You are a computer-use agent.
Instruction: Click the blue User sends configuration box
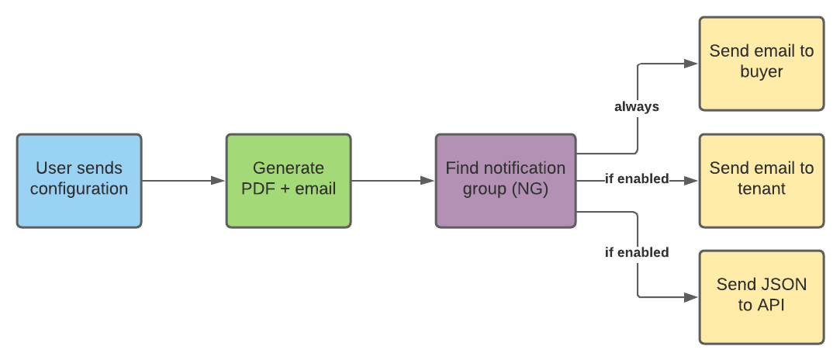click(x=78, y=180)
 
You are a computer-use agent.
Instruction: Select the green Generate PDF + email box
click(x=288, y=180)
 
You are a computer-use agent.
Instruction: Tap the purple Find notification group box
click(x=505, y=180)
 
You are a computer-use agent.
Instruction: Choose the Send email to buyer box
click(x=761, y=63)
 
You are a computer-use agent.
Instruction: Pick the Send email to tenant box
click(x=761, y=180)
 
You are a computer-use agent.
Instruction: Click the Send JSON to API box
click(x=761, y=296)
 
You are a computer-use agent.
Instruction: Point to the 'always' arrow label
click(x=636, y=107)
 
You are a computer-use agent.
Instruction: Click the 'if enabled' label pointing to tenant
click(x=636, y=179)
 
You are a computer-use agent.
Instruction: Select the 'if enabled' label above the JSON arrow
click(x=636, y=252)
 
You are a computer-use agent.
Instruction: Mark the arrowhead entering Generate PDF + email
click(x=219, y=181)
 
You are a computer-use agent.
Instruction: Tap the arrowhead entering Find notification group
click(x=428, y=181)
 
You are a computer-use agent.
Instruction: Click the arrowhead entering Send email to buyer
click(x=692, y=64)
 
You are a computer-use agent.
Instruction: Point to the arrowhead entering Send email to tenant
click(x=692, y=181)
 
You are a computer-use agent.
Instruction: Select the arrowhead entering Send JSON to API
click(x=692, y=297)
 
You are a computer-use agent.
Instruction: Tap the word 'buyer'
click(x=761, y=72)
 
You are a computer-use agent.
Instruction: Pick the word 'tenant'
click(x=761, y=189)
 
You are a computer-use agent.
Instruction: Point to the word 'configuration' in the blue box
click(x=78, y=189)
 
